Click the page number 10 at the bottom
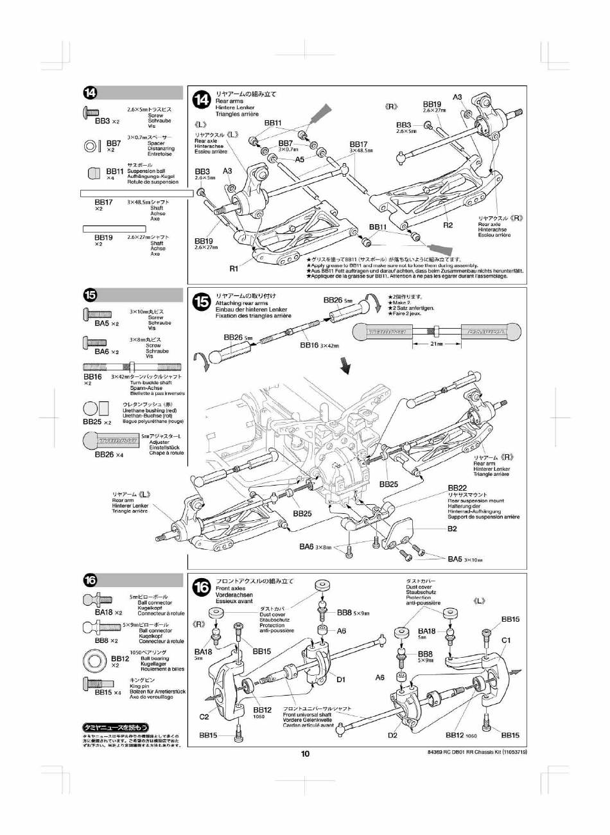(305, 754)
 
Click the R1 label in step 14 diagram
(234, 268)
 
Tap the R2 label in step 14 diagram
(448, 225)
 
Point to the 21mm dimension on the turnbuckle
(436, 344)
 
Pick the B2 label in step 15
(452, 529)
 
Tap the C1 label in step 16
(506, 640)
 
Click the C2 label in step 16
(204, 717)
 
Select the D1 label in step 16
(341, 679)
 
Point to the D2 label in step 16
(393, 735)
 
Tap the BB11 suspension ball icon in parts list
(93, 174)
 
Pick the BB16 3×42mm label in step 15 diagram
(318, 346)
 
